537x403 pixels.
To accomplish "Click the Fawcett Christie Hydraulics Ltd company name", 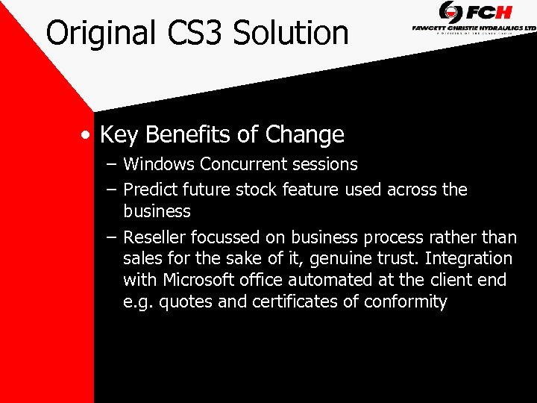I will [474, 28].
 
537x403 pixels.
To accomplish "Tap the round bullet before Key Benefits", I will [87, 136].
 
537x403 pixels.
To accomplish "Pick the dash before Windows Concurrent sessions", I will [110, 164].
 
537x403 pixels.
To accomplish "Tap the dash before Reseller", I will [110, 237].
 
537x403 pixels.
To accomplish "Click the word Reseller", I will [154, 237].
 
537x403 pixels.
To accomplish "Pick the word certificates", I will [297, 302].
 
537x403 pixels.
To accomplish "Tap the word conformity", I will [406, 302].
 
